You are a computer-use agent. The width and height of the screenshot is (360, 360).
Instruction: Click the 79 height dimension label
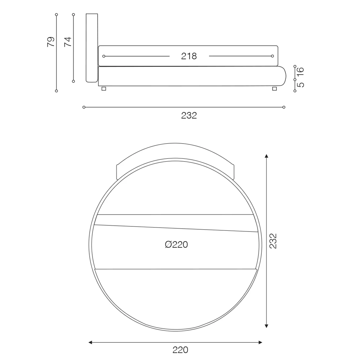(x=51, y=42)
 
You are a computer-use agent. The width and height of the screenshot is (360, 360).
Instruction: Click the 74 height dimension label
(x=68, y=42)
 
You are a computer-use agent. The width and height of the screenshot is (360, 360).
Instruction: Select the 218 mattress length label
(x=189, y=56)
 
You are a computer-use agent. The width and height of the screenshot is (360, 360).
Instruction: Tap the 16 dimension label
(x=300, y=72)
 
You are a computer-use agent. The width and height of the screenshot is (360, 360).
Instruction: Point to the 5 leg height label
(x=300, y=85)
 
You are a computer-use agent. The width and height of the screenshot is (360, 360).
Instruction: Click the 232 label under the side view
(x=189, y=116)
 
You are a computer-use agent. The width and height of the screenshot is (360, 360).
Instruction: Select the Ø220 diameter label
(x=176, y=244)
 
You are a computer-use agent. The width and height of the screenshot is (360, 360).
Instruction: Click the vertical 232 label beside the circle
(x=273, y=241)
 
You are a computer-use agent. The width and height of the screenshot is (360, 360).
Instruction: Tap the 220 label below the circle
(x=180, y=350)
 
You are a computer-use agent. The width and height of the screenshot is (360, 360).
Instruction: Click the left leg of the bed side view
(x=104, y=89)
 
